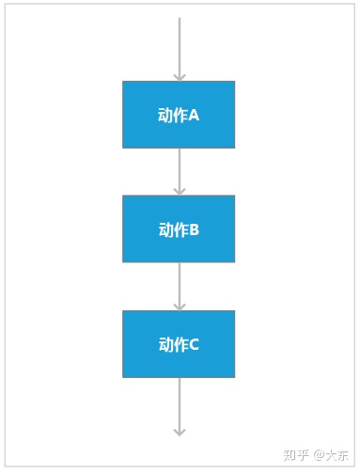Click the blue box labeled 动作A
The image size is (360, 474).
(179, 115)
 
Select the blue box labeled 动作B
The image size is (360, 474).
(179, 229)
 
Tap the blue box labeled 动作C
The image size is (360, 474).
(179, 344)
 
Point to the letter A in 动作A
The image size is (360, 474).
(194, 116)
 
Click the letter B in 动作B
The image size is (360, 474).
(194, 229)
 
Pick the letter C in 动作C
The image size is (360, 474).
(194, 345)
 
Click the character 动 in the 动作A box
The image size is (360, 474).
(165, 116)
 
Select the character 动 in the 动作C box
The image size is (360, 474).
(165, 345)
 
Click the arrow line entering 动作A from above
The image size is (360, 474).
(179, 42)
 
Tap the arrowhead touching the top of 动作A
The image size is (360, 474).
(179, 76)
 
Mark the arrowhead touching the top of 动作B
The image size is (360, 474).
(179, 191)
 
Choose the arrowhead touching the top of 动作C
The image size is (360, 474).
(179, 306)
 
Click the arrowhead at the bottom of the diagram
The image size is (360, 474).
(179, 431)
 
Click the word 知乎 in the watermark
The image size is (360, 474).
(296, 455)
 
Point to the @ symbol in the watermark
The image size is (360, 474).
(318, 455)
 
